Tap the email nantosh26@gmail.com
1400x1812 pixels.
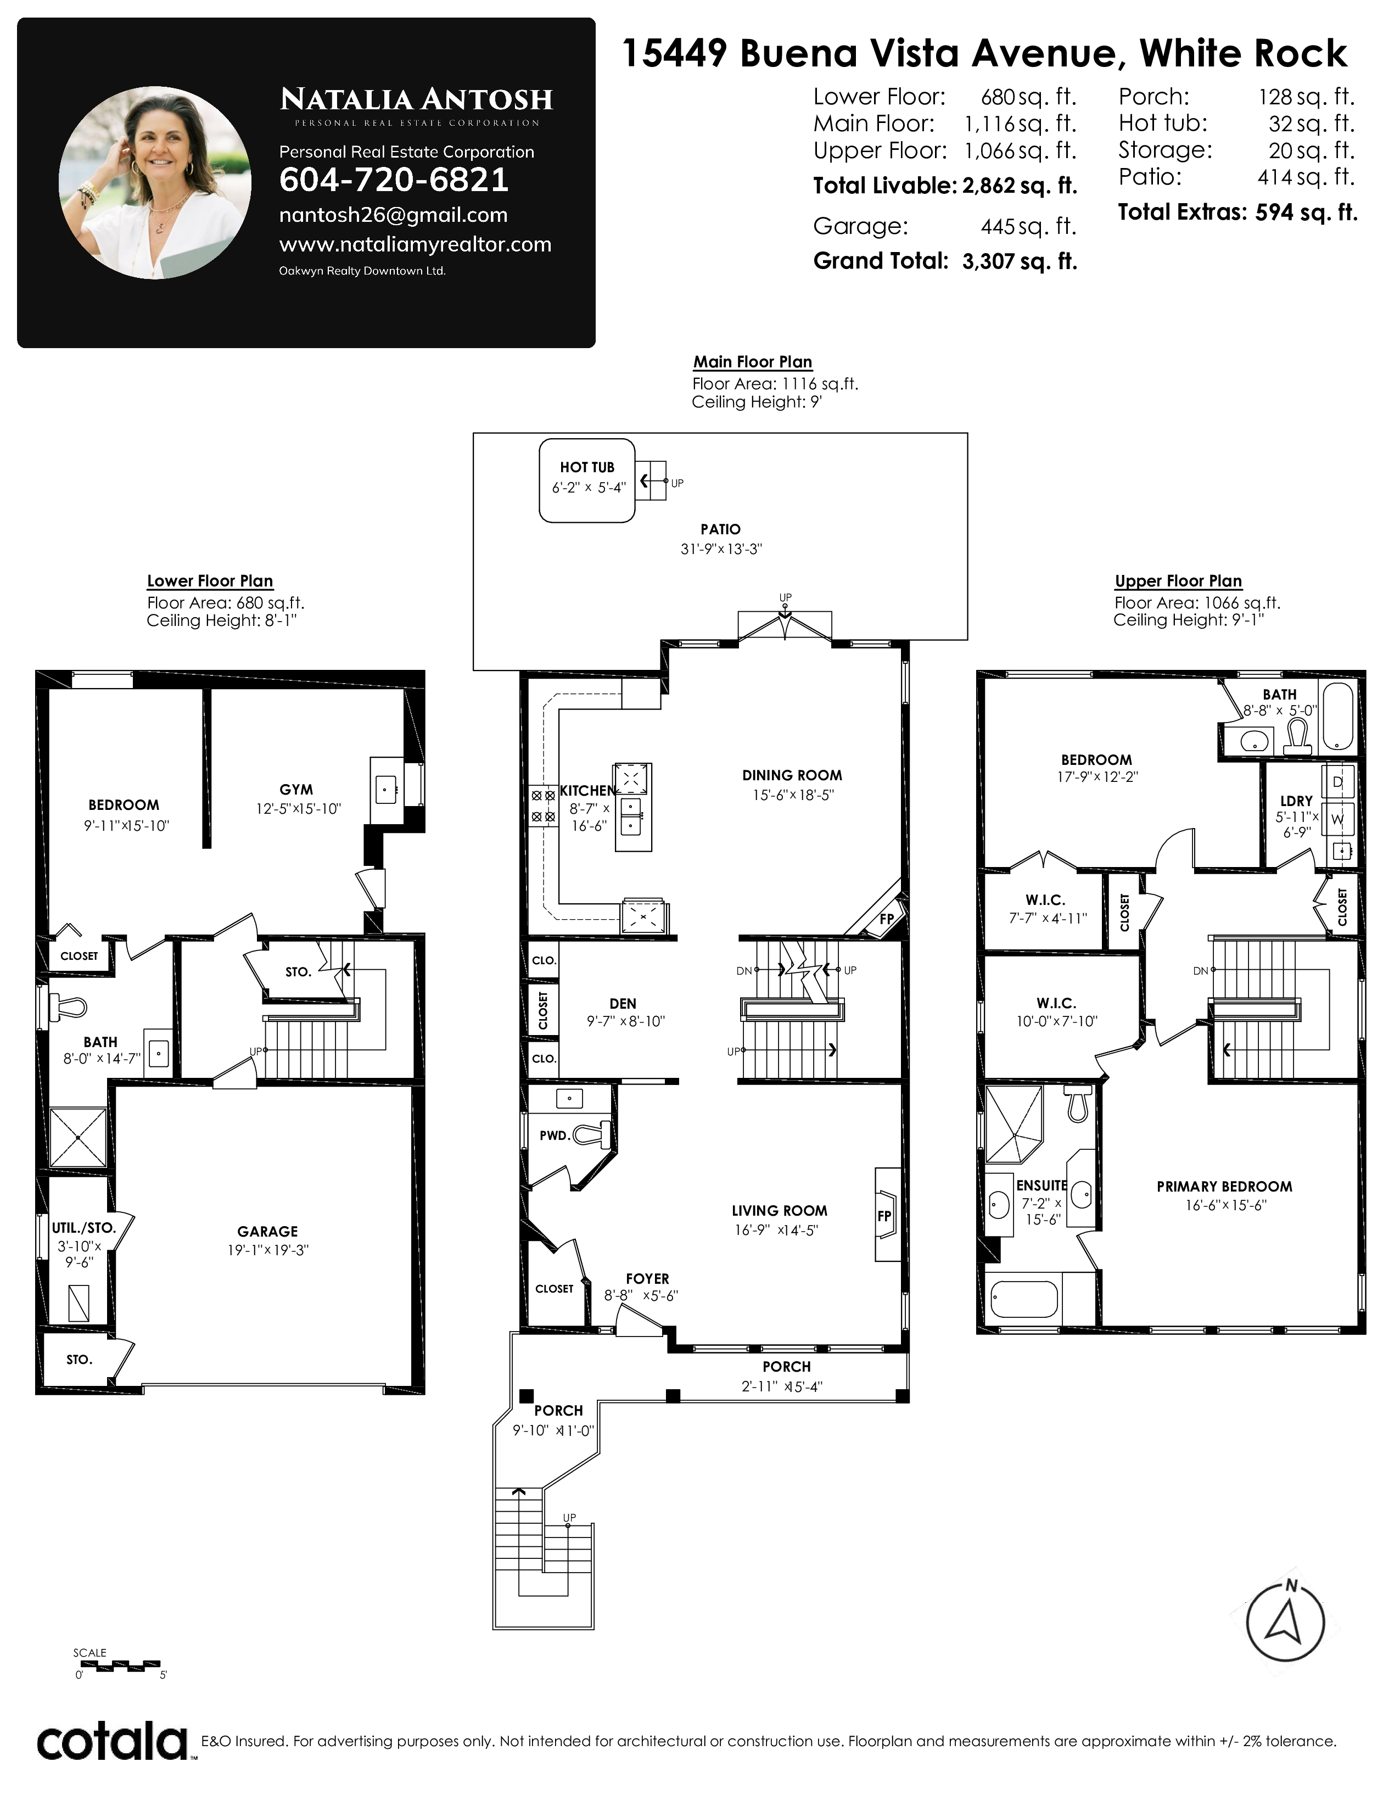click(393, 215)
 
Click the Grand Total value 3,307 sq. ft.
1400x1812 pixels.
click(1020, 261)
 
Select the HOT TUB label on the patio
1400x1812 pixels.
click(587, 467)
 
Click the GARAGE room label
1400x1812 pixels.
click(267, 1231)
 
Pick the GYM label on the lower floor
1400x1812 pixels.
click(296, 790)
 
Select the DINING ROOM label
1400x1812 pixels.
click(792, 775)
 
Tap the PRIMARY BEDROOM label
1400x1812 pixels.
click(1224, 1187)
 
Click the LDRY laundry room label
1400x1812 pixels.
click(1296, 801)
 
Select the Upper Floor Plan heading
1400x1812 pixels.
click(1178, 581)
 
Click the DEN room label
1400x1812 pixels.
click(623, 1003)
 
